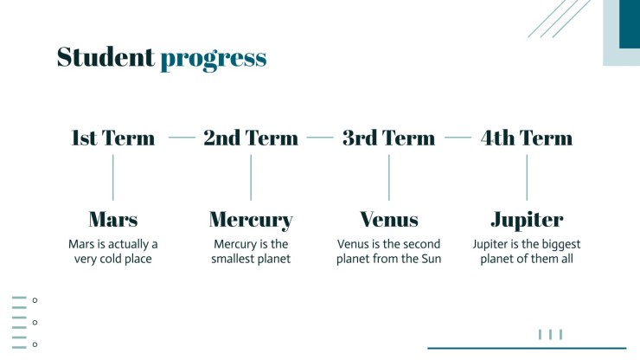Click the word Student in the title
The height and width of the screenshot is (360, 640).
point(106,57)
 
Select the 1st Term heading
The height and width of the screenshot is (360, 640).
point(113,138)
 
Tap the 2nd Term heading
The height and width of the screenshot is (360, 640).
point(251,138)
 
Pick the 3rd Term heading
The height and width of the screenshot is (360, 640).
point(388,138)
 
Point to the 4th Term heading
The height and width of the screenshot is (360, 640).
point(527,138)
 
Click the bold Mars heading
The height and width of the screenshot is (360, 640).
point(113,220)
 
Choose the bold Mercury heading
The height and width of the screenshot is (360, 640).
point(251,221)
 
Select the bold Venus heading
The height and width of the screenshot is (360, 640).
point(389,220)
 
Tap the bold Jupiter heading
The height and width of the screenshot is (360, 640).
point(527,221)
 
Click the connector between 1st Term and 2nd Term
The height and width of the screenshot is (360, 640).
point(182,138)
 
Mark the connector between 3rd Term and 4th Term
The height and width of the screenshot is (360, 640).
point(458,138)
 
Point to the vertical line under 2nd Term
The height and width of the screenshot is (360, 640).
point(251,177)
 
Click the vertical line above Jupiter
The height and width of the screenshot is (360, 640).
point(527,177)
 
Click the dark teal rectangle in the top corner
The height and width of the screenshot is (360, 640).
point(630,24)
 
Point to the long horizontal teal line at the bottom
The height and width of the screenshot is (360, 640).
point(527,348)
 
